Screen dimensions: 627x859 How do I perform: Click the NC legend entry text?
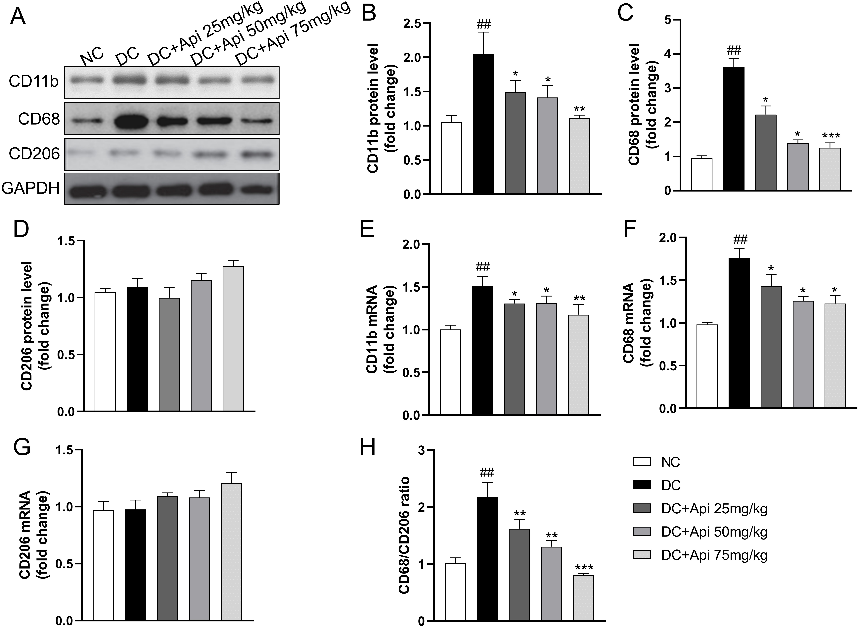click(x=670, y=462)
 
